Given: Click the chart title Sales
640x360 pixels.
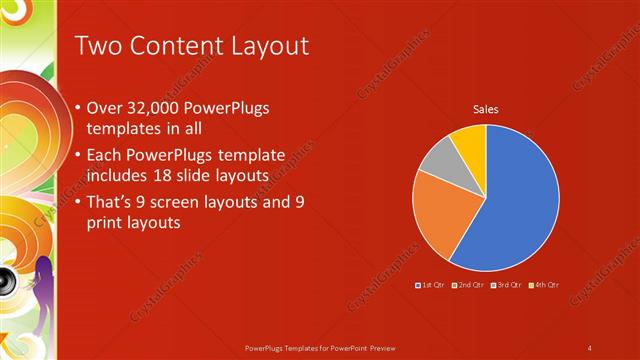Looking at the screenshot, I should [486, 110].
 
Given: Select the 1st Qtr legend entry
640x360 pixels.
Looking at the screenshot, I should [431, 285].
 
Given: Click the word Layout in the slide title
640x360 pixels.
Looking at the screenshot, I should [265, 46].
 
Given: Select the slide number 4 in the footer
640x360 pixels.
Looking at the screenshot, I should [590, 348].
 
